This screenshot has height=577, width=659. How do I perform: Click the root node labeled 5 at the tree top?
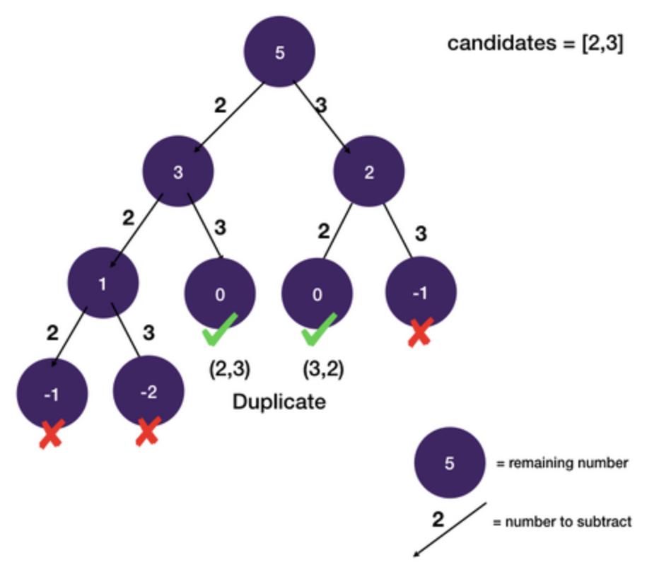(x=279, y=53)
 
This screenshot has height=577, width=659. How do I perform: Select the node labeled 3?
(x=177, y=171)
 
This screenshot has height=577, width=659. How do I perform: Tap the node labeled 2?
(x=368, y=171)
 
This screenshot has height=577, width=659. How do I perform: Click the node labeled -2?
(x=148, y=391)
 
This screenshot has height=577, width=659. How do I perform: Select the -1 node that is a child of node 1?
(x=52, y=393)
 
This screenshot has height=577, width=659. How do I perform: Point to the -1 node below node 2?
(x=421, y=291)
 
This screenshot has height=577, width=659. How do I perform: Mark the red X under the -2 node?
(x=146, y=431)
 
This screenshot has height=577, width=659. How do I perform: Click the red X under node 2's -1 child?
(x=420, y=333)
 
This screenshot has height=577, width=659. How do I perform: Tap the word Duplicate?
(x=279, y=402)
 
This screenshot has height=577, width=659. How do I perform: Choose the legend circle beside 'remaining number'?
(x=449, y=463)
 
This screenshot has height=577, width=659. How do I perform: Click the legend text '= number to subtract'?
(x=561, y=523)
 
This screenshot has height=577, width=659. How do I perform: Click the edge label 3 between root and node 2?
(x=321, y=106)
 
